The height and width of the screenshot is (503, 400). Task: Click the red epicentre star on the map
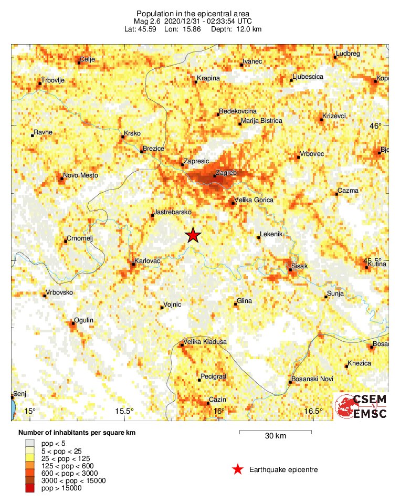tap(194, 235)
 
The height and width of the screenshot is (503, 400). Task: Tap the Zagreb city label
tap(227, 172)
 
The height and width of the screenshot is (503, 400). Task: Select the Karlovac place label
tap(148, 260)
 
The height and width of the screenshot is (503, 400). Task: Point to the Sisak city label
tap(299, 266)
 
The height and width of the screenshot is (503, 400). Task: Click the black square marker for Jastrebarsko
tap(152, 215)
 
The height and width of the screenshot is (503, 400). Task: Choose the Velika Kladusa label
tap(206, 342)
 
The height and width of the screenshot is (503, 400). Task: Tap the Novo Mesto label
tap(80, 175)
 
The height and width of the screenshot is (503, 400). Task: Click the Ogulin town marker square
tap(73, 323)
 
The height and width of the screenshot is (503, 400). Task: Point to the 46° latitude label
tap(376, 126)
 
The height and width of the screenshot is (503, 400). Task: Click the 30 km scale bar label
tap(275, 436)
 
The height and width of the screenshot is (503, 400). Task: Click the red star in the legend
tap(238, 469)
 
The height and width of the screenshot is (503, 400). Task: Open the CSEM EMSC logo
tap(361, 406)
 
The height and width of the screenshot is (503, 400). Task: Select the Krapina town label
tap(208, 79)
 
